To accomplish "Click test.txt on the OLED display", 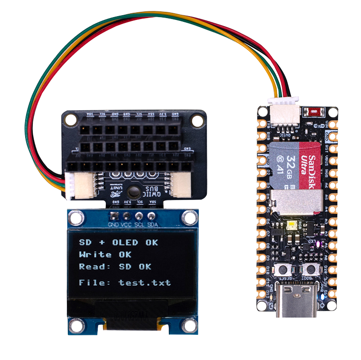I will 144,283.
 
